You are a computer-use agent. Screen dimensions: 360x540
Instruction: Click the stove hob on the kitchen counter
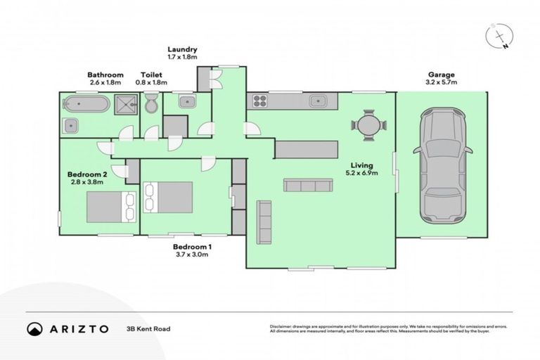click(x=257, y=101)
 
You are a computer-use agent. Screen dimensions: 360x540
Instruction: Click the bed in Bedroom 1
click(x=168, y=197)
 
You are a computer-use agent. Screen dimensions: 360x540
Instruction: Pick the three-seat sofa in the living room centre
click(x=307, y=185)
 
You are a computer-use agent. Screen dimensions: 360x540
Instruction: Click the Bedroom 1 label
click(x=192, y=247)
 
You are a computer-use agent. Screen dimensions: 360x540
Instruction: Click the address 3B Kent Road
click(x=149, y=328)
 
